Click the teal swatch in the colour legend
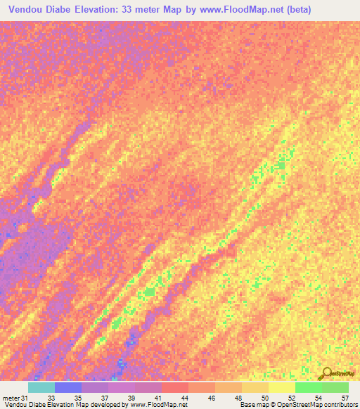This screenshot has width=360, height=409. [41, 387]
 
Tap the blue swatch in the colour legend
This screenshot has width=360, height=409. [68, 387]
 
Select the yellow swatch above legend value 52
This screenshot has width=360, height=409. [281, 387]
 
